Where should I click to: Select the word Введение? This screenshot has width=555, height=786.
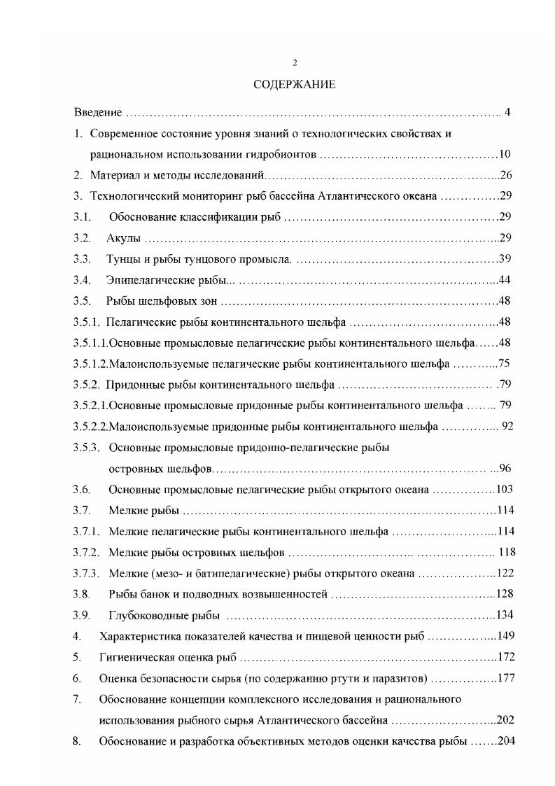click(99, 112)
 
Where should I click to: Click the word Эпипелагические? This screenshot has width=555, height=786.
click(148, 280)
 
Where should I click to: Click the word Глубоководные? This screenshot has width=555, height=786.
click(145, 616)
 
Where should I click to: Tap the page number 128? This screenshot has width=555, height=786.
click(505, 595)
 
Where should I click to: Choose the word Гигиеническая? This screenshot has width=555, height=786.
click(136, 658)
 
